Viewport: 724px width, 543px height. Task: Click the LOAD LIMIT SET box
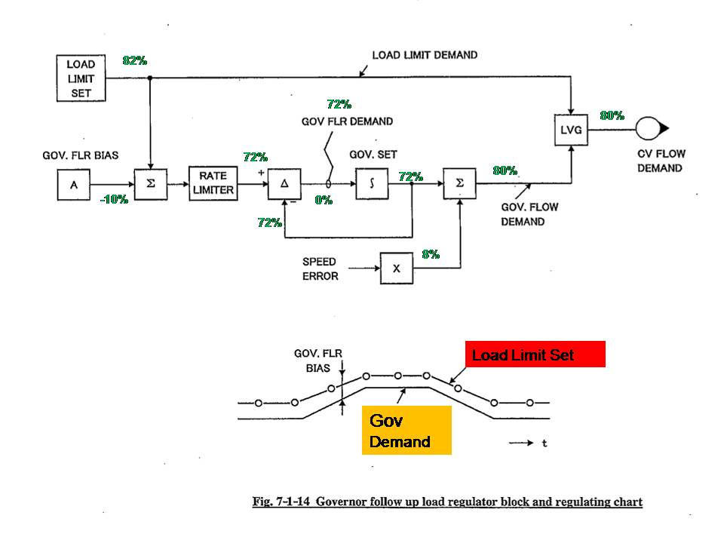click(81, 78)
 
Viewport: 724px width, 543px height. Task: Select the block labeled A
click(74, 184)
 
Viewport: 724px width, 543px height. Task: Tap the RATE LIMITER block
click(213, 183)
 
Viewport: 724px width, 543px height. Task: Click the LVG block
click(572, 130)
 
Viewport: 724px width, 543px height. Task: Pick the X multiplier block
click(396, 268)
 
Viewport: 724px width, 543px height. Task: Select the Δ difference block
click(284, 183)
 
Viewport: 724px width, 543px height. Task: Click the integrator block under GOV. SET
click(372, 183)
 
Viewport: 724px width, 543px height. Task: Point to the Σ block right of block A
click(151, 184)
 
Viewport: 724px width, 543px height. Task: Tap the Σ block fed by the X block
click(459, 183)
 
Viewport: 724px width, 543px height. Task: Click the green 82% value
click(134, 61)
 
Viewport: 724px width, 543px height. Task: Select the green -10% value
click(113, 200)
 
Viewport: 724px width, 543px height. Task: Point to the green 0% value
click(324, 201)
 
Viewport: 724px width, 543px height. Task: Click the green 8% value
click(431, 255)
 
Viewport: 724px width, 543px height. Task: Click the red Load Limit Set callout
click(535, 354)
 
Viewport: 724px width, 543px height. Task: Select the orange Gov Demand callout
click(406, 430)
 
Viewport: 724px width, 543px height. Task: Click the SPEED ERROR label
click(321, 268)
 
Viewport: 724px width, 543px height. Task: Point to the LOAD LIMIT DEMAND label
click(425, 55)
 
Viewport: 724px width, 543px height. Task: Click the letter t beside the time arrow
click(545, 443)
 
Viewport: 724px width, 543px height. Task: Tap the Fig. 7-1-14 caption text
click(446, 502)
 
